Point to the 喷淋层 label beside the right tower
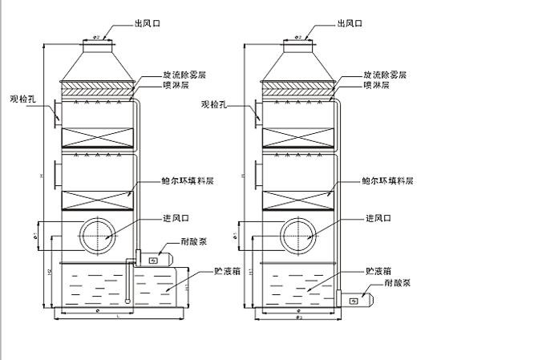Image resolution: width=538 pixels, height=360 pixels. tap(375, 84)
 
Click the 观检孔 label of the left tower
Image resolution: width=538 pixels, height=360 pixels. tap(21, 99)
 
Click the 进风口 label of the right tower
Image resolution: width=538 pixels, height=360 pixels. tap(377, 218)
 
